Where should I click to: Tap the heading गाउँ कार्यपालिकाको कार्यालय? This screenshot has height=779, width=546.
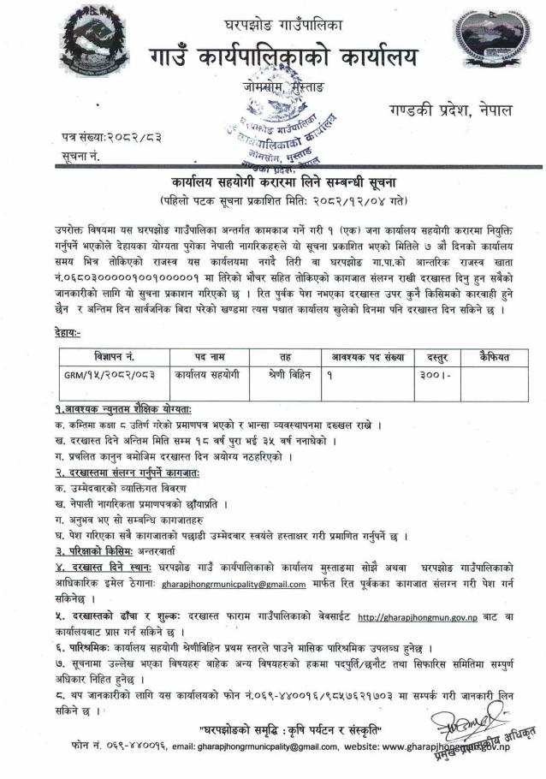[x=276, y=57]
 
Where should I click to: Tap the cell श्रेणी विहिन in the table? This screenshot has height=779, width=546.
[x=281, y=374]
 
